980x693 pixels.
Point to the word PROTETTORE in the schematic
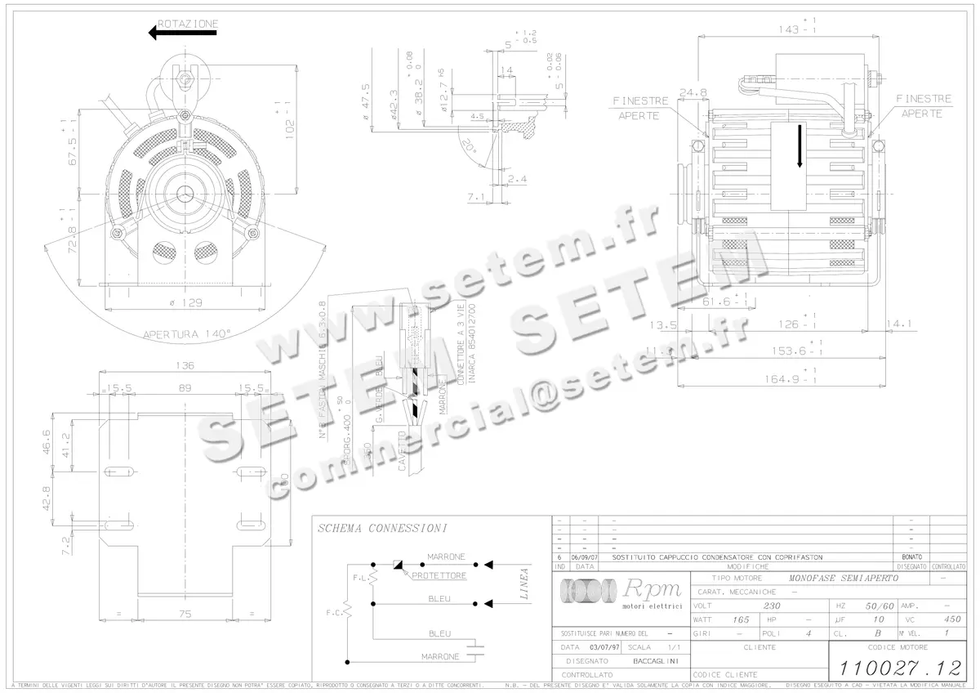point(439,575)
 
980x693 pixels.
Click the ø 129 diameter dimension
point(186,302)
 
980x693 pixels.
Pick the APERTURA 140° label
point(187,333)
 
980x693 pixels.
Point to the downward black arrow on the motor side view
point(800,147)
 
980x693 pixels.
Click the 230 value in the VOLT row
point(770,606)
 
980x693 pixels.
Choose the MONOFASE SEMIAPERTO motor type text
point(840,578)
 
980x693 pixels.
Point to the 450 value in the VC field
point(951,619)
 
